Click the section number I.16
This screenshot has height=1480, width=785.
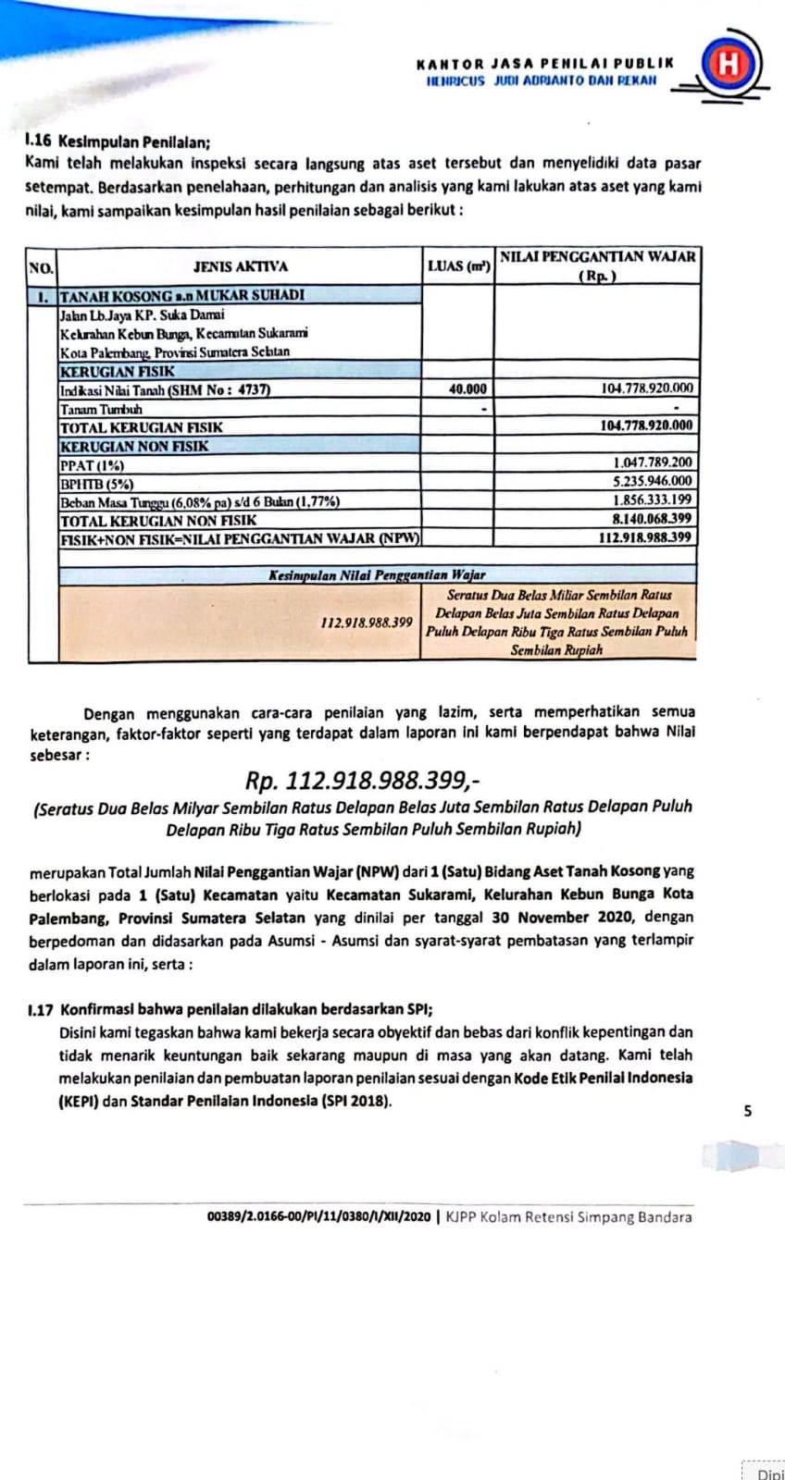(39, 142)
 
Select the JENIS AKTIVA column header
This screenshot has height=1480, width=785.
(240, 266)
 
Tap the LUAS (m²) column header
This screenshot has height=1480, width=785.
(457, 266)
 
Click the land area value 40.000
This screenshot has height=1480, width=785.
(467, 389)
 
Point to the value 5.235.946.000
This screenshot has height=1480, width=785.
(652, 481)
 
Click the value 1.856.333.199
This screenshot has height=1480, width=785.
(652, 500)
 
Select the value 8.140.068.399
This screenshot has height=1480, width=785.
(652, 519)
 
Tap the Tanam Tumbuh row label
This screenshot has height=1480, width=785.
(101, 409)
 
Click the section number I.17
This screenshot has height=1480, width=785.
(39, 1009)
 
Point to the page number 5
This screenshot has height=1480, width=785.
(748, 1112)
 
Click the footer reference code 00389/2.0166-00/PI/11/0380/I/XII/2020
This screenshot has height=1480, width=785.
(319, 1217)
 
